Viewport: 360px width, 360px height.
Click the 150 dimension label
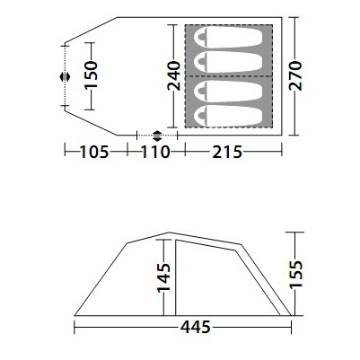tap(92, 75)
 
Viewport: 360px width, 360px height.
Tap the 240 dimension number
tap(174, 75)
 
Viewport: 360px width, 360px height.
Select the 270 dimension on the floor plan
tap(295, 75)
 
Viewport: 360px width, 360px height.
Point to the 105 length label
tap(94, 152)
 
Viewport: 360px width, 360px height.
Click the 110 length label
tap(155, 152)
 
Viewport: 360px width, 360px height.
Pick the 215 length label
tap(227, 152)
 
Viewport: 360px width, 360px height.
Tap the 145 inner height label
tap(164, 277)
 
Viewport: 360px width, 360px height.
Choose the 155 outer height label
tap(296, 274)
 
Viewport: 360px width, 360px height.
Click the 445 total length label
tap(196, 327)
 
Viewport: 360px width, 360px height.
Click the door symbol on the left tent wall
tap(65, 77)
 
